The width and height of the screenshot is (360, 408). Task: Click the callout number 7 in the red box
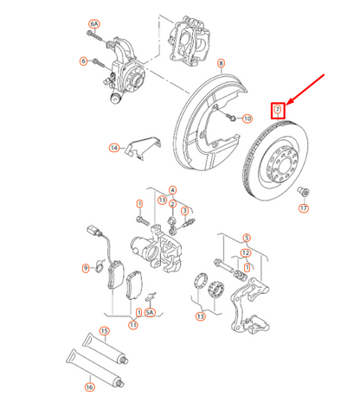click(278, 109)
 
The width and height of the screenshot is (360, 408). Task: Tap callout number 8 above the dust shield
click(221, 64)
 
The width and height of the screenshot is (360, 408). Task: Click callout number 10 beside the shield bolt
click(246, 118)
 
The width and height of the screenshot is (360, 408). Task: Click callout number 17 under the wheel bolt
click(304, 208)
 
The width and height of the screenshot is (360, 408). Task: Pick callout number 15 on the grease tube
click(104, 331)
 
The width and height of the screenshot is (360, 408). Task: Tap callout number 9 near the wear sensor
click(86, 268)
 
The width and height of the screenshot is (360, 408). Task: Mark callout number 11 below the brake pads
click(132, 325)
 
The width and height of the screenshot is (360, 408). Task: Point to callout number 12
click(247, 252)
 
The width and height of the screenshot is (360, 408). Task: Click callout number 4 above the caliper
click(173, 190)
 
